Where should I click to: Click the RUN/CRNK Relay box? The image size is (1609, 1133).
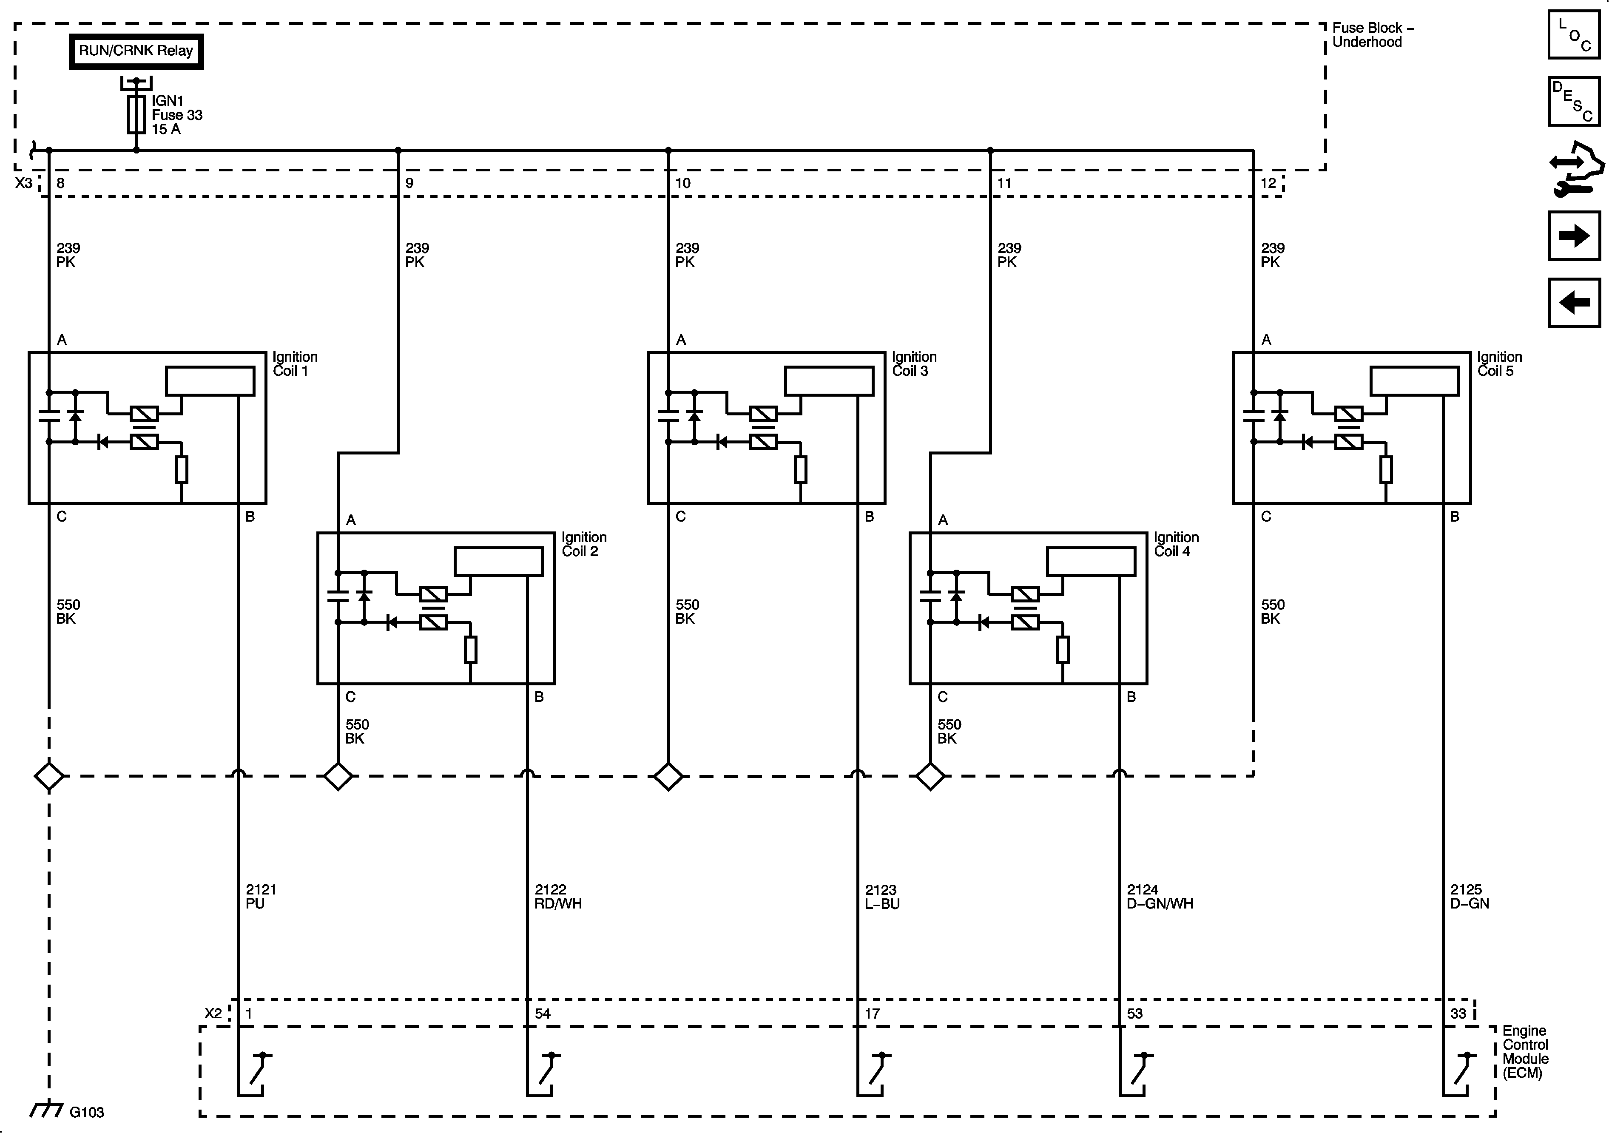tap(136, 51)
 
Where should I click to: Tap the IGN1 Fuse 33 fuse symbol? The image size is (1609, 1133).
tap(136, 114)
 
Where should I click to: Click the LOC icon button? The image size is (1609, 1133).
tap(1573, 34)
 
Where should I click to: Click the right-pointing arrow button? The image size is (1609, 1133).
tap(1573, 236)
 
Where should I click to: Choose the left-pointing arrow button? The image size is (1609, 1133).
tap(1573, 303)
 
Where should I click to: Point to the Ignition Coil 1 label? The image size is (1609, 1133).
tap(294, 363)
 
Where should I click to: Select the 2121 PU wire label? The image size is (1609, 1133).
tap(261, 896)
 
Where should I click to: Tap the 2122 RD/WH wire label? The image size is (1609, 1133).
tap(558, 896)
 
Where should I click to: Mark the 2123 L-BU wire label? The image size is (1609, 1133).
tap(881, 896)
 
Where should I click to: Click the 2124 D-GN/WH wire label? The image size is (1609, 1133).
tap(1159, 896)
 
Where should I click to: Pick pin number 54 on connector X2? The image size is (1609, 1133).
tap(543, 1013)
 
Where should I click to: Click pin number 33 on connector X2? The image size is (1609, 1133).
tap(1458, 1013)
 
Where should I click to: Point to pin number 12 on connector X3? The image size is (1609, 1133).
tap(1268, 183)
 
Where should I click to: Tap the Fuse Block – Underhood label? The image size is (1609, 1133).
tap(1372, 35)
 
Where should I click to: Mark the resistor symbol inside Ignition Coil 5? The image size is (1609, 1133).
tap(1385, 469)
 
